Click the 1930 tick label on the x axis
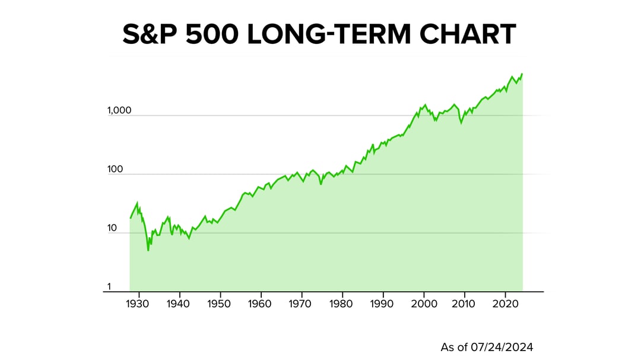click(138, 303)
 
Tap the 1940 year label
click(179, 303)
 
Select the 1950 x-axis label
click(220, 303)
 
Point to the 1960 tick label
click(261, 303)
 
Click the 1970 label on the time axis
click(302, 303)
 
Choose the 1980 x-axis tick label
click(342, 303)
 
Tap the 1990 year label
click(383, 303)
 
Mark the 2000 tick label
click(424, 303)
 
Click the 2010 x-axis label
click(465, 303)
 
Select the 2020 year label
click(505, 303)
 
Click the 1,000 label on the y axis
click(119, 111)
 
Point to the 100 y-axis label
click(115, 170)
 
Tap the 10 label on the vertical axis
click(113, 228)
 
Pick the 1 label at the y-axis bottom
click(109, 287)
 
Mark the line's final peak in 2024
click(522, 74)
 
